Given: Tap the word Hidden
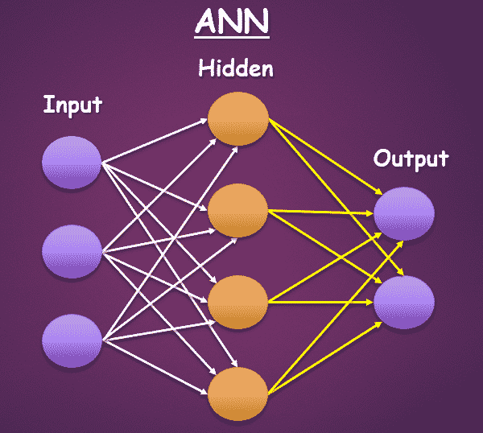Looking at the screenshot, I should click(236, 69).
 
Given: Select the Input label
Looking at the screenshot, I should click(73, 105).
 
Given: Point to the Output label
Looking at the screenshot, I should click(411, 159).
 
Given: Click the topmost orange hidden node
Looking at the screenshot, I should click(237, 119).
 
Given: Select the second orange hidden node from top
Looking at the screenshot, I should click(237, 209).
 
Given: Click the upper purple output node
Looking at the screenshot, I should click(404, 213).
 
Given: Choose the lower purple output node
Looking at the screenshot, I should click(404, 302).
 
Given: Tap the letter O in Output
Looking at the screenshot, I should click(382, 159).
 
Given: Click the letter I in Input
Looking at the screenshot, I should click(47, 105).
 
